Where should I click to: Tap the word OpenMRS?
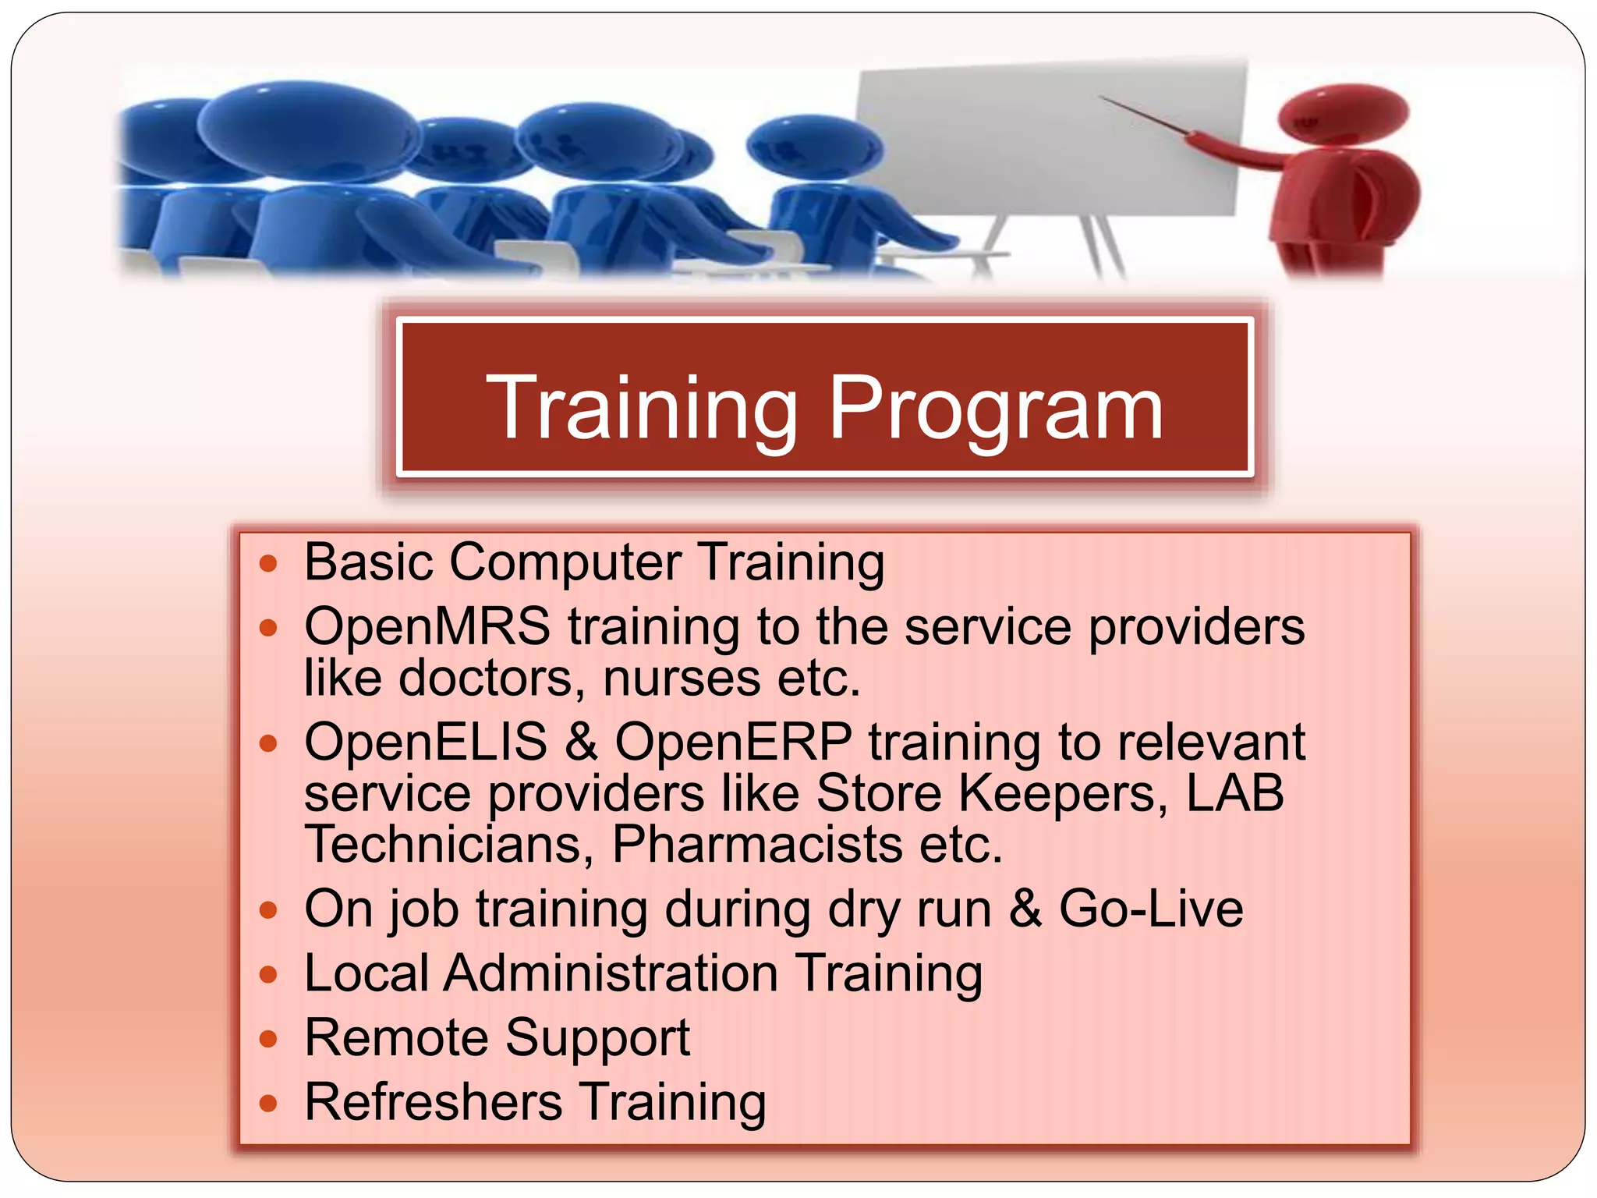tap(427, 626)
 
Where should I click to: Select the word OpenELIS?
tap(426, 742)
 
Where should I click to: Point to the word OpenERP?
tap(733, 742)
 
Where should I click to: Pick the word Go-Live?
tap(1150, 909)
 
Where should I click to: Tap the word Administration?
tap(611, 973)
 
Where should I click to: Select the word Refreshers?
tap(433, 1102)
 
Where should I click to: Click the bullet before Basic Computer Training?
tap(268, 564)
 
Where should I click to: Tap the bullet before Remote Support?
tap(268, 1040)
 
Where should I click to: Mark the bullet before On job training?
tap(268, 910)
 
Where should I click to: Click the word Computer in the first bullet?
tap(565, 562)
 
